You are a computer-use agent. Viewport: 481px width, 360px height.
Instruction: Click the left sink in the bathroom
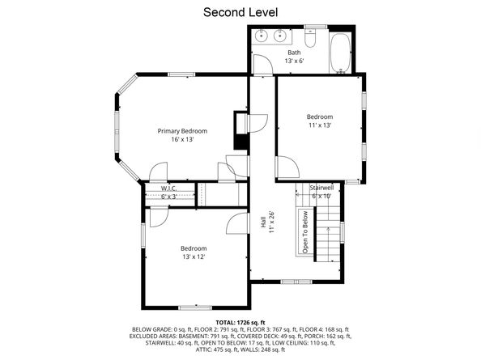tap(262, 36)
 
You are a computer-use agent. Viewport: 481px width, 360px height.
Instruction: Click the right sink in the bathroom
tap(281, 36)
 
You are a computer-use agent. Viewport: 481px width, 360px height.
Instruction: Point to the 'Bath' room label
tap(294, 53)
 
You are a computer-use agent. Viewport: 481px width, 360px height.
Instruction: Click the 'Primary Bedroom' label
tap(182, 131)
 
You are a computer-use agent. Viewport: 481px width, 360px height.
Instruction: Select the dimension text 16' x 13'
tap(182, 140)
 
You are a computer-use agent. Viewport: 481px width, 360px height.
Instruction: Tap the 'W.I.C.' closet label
tap(168, 188)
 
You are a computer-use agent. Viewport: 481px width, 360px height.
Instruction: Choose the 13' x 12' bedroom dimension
tap(193, 256)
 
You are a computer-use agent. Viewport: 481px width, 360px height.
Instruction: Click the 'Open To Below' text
tap(305, 232)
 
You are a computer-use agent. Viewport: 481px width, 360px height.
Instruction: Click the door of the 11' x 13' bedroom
tap(286, 167)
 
